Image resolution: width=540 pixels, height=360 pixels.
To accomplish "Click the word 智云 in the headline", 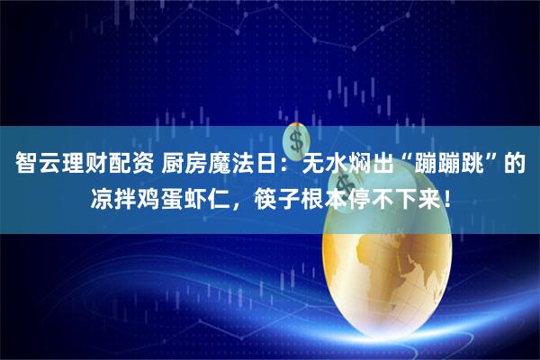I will coord(41,166).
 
